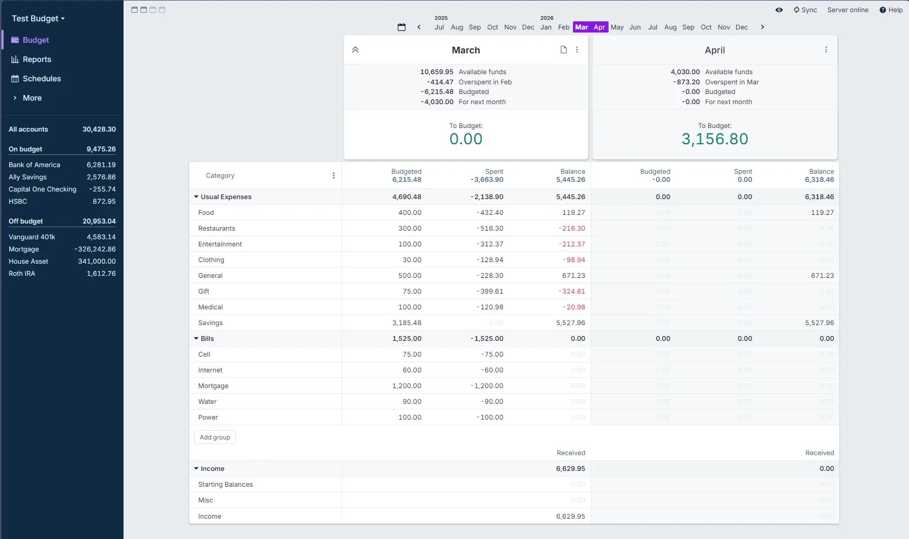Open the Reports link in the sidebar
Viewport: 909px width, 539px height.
pos(37,59)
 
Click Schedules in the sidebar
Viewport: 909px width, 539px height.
pos(42,79)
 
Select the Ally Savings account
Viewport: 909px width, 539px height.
pos(27,177)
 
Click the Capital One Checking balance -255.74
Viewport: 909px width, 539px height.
pos(102,189)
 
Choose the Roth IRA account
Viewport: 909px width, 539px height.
pos(22,273)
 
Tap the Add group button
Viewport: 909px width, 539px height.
pos(215,437)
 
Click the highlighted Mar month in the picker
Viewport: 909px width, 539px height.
pos(582,27)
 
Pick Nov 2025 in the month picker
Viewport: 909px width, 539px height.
pos(510,27)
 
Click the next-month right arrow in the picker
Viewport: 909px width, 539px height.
pos(762,27)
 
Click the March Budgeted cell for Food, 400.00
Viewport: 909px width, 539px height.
pos(410,212)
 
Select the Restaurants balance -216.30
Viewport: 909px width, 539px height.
pos(573,228)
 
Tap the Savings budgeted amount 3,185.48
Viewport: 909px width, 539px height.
pos(407,323)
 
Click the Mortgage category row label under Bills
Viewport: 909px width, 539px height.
pos(213,386)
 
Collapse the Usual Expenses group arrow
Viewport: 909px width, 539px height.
pos(196,197)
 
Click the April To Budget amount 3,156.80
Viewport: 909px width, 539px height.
pos(714,139)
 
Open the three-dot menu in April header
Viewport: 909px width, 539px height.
pos(826,50)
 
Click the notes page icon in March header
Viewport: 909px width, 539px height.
pos(563,50)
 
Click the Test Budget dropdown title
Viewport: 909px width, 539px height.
pos(38,18)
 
